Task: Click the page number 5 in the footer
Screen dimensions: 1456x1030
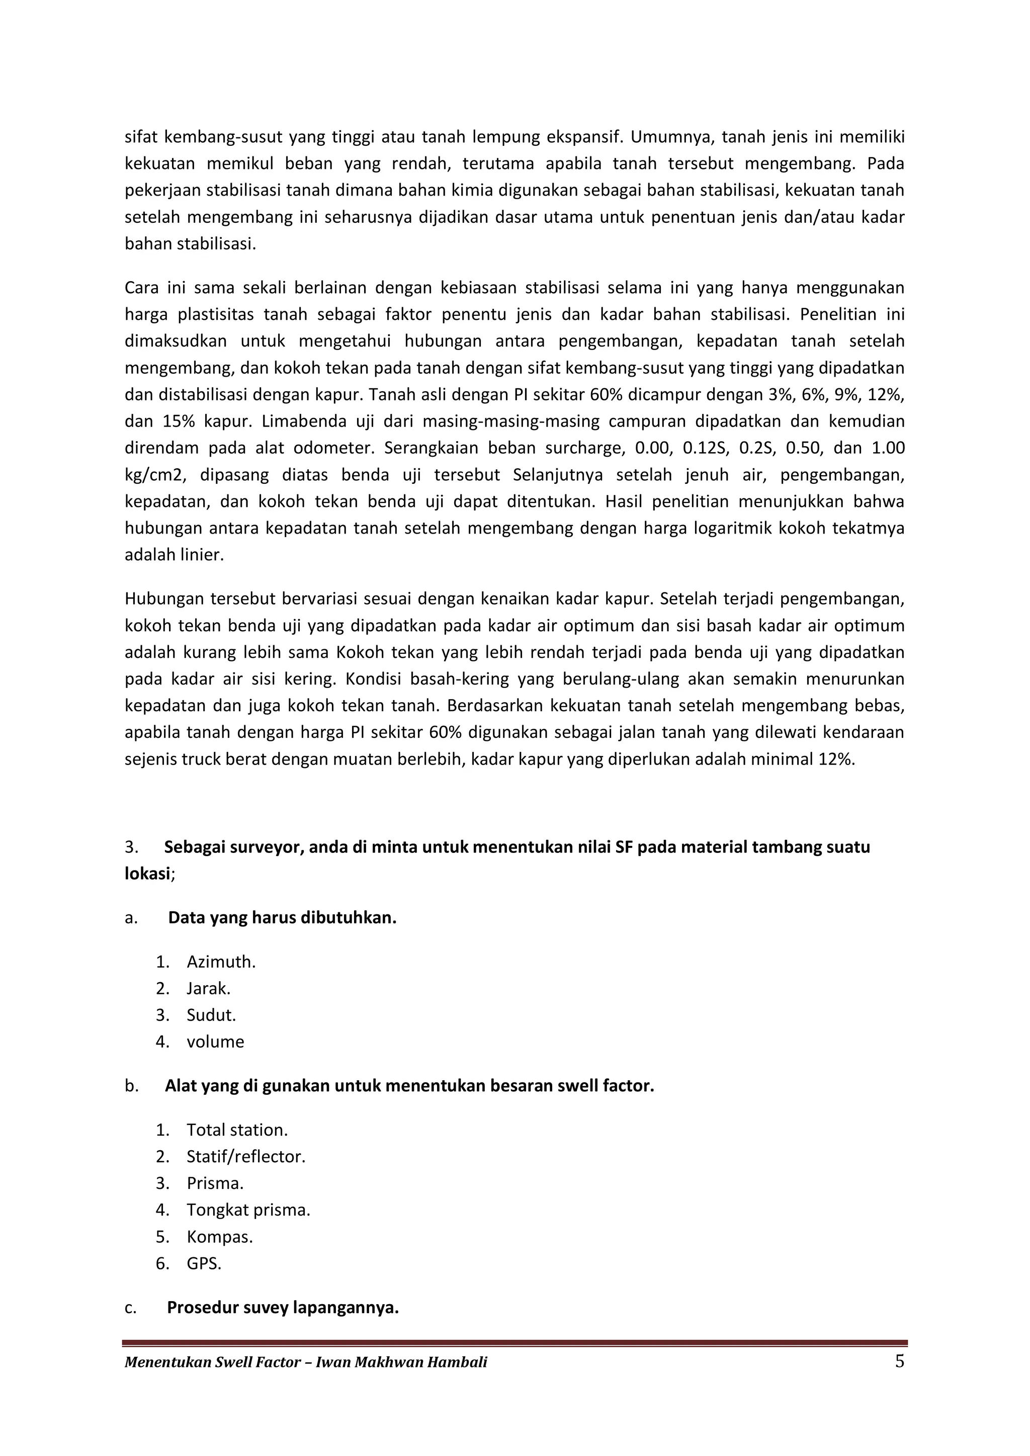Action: pos(899,1361)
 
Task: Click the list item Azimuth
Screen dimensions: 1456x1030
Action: pos(221,962)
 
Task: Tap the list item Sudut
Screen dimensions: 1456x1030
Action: pos(211,1015)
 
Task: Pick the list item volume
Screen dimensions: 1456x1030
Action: pos(215,1042)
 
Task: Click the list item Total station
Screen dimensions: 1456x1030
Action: pos(236,1130)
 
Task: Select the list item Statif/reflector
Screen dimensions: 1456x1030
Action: pos(245,1157)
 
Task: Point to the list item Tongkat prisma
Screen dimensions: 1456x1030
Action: pos(248,1210)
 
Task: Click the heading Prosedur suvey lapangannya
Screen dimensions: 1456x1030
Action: pos(283,1308)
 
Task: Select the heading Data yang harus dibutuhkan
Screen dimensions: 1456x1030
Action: pos(282,918)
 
